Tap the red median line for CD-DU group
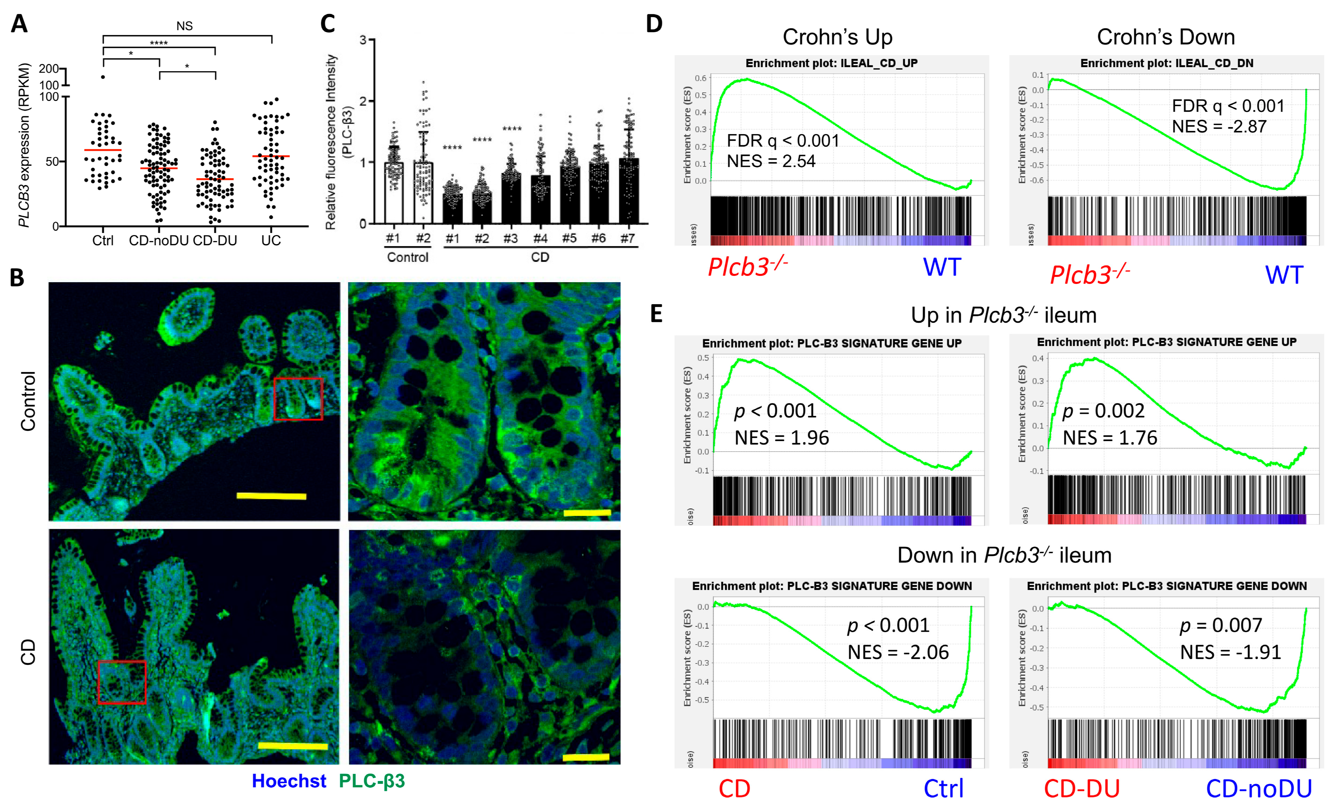tap(215, 179)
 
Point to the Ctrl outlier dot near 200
tap(103, 77)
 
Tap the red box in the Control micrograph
tap(298, 399)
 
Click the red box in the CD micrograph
tap(122, 682)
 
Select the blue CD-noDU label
tap(1258, 789)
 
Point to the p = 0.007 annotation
tap(1220, 625)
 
